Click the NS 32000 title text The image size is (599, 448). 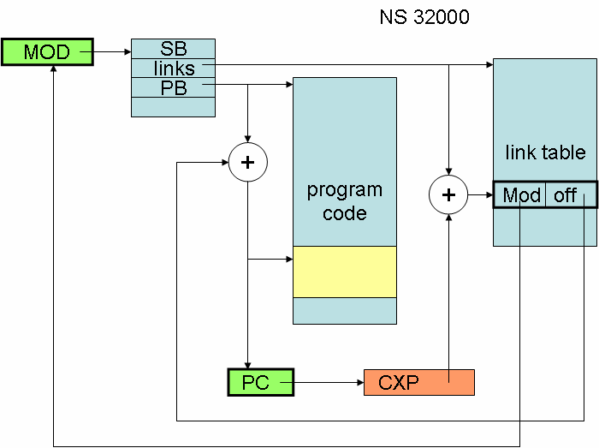tap(424, 17)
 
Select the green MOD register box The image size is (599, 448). tap(47, 52)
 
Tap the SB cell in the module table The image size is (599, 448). tap(173, 49)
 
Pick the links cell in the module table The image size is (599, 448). tap(174, 68)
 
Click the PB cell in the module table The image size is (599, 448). tap(174, 87)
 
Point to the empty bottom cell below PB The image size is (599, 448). tap(173, 106)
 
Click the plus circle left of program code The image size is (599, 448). tap(248, 163)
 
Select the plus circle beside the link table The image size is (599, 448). tap(448, 194)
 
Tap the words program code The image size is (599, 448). tap(345, 200)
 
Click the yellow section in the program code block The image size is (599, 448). tap(345, 272)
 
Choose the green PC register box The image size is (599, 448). tap(260, 382)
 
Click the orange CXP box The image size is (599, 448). tap(418, 382)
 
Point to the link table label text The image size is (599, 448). tap(544, 153)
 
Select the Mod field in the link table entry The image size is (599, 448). tap(521, 195)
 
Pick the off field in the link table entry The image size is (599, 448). tap(566, 195)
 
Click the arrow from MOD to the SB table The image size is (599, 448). tap(111, 52)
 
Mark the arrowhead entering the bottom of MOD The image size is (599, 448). tap(53, 71)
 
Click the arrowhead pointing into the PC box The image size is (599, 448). tap(248, 364)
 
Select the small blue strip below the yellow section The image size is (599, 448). tap(345, 310)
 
